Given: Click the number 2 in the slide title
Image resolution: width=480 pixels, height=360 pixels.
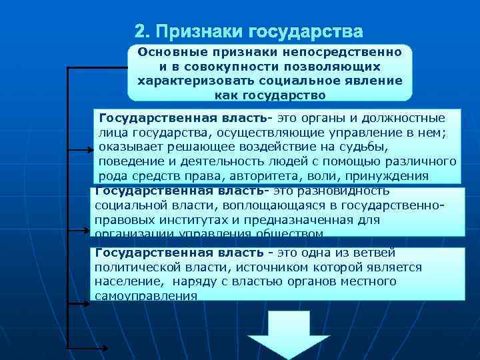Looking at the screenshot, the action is (139, 31).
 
